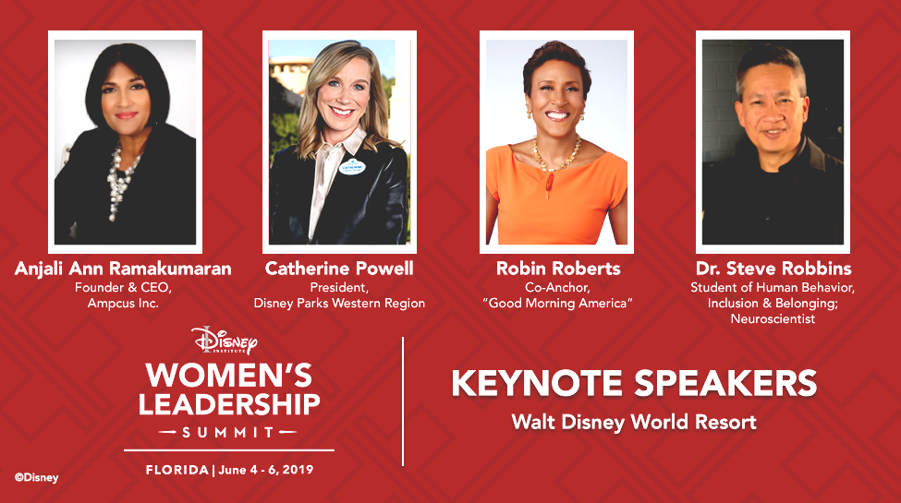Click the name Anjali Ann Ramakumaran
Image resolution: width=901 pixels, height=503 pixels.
click(123, 269)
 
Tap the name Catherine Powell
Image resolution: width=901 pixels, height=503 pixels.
click(339, 269)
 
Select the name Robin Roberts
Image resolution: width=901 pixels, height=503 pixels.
click(558, 269)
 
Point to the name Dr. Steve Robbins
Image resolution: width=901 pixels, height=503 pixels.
click(773, 269)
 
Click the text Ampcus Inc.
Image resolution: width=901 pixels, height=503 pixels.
click(123, 303)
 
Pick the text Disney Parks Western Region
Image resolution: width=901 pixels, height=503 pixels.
click(339, 303)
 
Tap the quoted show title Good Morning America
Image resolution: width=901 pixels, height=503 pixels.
click(558, 303)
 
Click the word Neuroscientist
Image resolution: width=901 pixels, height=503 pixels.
click(773, 318)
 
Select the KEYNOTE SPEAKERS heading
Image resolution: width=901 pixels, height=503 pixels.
click(634, 384)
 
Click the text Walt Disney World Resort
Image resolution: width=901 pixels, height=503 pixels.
click(634, 422)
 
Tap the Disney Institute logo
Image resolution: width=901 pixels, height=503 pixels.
click(225, 340)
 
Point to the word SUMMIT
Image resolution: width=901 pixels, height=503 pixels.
click(228, 432)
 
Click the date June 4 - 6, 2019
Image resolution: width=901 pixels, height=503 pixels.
click(266, 470)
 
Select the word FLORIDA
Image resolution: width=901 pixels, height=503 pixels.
click(177, 470)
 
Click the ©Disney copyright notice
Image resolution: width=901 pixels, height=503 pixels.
click(37, 478)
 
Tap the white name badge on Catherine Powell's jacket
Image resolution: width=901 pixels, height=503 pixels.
click(352, 166)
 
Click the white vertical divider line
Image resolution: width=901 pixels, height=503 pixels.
click(403, 401)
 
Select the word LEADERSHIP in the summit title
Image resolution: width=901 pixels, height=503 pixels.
click(229, 404)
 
